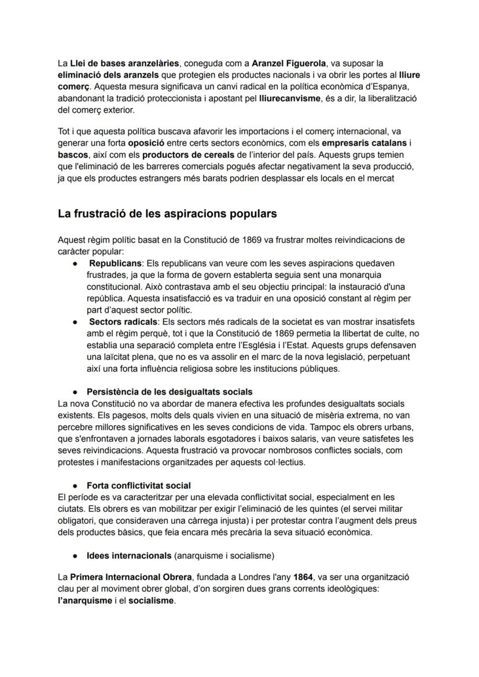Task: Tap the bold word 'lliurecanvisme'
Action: click(289, 98)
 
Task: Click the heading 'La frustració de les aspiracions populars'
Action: click(167, 214)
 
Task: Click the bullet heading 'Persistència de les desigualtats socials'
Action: click(169, 392)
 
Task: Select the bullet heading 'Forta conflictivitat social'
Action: click(138, 485)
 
